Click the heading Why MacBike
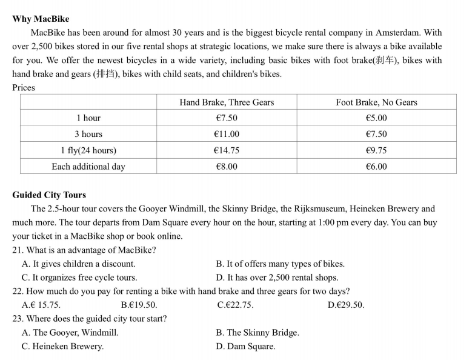(41, 19)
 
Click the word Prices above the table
(24, 88)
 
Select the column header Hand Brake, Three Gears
(227, 102)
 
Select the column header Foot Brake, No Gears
(376, 102)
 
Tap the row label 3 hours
(88, 134)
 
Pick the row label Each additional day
(88, 167)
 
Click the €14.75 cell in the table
(227, 150)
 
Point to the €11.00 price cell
(227, 134)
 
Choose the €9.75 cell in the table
(376, 150)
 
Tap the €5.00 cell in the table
(376, 118)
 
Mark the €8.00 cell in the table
(227, 167)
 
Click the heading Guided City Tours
(49, 195)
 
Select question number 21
(18, 250)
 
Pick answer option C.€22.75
(235, 305)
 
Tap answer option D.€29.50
(346, 305)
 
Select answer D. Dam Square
(245, 347)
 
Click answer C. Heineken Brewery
(62, 347)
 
